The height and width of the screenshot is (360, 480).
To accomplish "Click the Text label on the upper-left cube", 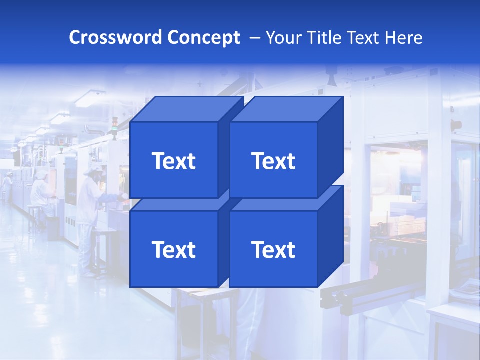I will coord(173,161).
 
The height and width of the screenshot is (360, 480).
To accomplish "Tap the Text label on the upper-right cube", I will coord(273,161).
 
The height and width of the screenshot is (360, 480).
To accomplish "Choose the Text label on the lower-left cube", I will coord(173,249).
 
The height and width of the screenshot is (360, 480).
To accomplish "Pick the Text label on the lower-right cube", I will coord(273,249).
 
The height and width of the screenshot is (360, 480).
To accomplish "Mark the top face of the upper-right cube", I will coord(287,109).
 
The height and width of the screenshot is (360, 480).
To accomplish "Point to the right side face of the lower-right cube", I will coord(330,237).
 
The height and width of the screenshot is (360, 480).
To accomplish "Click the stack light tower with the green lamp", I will coord(114,127).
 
